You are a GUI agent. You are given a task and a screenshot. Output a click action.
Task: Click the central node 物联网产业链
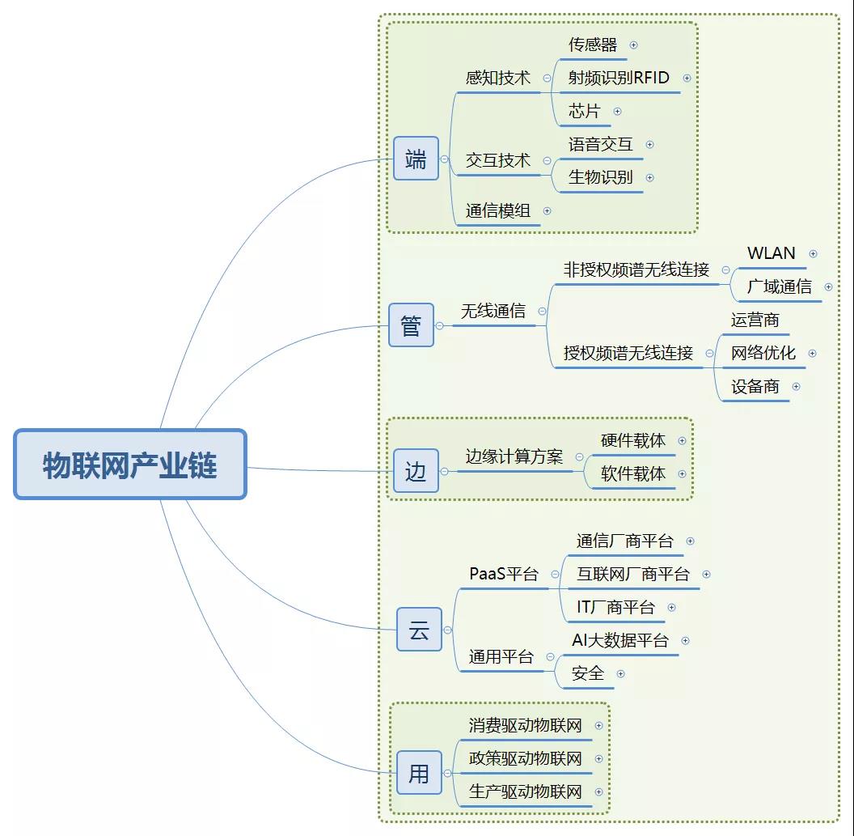point(130,465)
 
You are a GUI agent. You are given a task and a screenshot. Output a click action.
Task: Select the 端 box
point(416,159)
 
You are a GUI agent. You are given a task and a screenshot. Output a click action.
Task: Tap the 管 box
point(411,325)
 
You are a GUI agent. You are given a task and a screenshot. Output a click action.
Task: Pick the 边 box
point(416,471)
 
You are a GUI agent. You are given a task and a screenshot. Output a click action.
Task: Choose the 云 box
point(419,630)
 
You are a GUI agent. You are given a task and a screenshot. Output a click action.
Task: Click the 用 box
point(419,773)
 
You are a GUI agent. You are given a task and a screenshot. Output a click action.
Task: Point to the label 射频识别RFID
point(619,78)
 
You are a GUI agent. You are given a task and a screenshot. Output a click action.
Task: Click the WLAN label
point(771,253)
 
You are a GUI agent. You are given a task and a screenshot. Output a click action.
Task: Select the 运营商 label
point(755,320)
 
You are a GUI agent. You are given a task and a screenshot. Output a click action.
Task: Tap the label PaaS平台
point(503,574)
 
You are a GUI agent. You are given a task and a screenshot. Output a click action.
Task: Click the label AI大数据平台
point(620,640)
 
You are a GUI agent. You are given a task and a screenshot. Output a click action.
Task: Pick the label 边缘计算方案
point(514,456)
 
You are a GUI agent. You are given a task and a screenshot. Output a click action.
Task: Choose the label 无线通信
point(493,311)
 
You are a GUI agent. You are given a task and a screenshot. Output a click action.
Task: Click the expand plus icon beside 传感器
point(633,45)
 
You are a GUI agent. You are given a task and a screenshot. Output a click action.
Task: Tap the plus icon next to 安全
point(620,673)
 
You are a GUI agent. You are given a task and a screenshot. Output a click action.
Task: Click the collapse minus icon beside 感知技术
point(547,79)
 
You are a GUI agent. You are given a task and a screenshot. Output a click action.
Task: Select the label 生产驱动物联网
point(526,791)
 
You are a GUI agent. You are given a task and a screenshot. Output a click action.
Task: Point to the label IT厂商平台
point(615,607)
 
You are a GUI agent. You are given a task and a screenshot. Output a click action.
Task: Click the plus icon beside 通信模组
point(547,210)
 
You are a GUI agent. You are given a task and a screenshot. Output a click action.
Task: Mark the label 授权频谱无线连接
point(628,353)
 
